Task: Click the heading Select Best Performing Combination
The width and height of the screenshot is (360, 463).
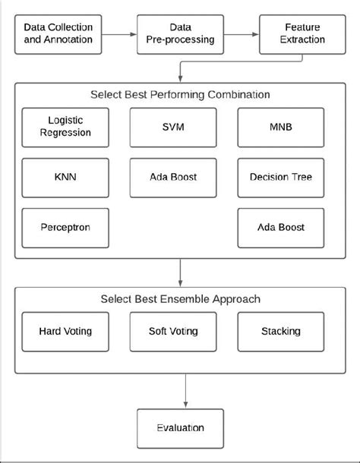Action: [x=179, y=95]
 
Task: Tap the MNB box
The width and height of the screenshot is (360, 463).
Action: [x=280, y=127]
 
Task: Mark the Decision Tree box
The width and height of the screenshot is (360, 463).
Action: [x=280, y=178]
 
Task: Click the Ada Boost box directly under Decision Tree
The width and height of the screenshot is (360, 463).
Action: [x=280, y=227]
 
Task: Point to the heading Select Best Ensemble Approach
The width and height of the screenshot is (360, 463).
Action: [x=179, y=299]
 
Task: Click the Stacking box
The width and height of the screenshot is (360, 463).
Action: [x=280, y=331]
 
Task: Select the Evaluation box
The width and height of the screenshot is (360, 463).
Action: [x=180, y=427]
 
